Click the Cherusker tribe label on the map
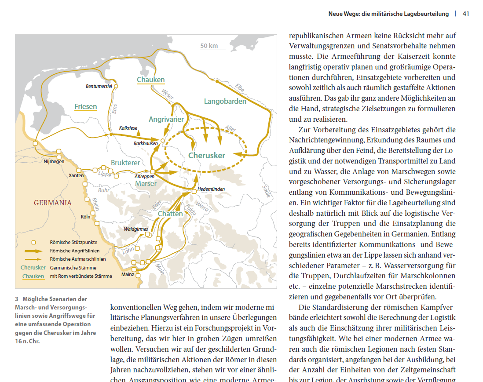[x=207, y=156]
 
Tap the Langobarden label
[x=225, y=102]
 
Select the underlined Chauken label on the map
[x=150, y=80]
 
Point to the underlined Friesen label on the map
[x=85, y=107]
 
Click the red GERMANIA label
[x=53, y=203]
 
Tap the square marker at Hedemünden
[x=194, y=191]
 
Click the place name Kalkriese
[x=128, y=128]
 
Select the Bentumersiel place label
[x=99, y=86]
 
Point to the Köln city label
[x=85, y=217]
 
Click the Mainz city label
[x=128, y=274]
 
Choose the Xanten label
[x=76, y=175]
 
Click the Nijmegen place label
[x=54, y=161]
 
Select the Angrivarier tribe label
[x=166, y=120]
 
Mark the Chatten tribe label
[x=170, y=214]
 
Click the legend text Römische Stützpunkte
[x=73, y=242]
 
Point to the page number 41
[x=466, y=14]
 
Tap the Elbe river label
[x=240, y=87]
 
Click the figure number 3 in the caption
[x=17, y=299]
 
